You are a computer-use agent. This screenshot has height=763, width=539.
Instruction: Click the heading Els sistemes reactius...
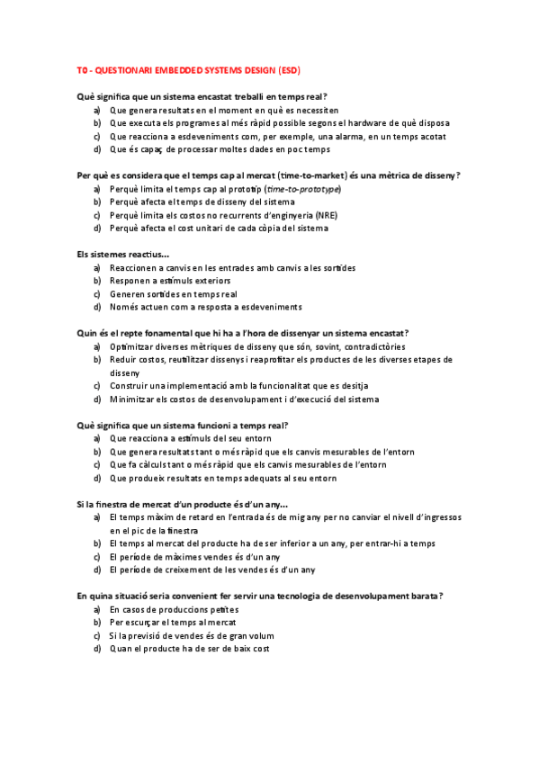(x=122, y=254)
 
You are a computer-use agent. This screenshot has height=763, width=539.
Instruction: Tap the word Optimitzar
(x=131, y=346)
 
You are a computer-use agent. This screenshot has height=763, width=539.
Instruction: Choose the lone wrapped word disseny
(x=124, y=373)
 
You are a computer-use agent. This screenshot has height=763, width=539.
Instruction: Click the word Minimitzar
(x=133, y=399)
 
